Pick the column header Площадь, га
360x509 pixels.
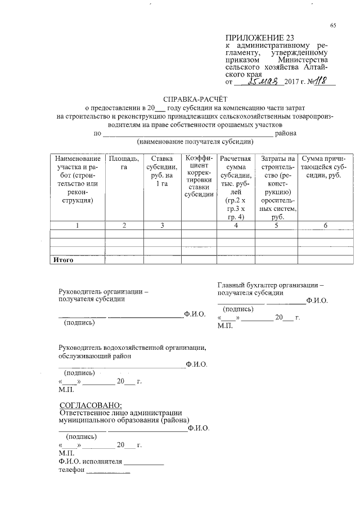click(123, 163)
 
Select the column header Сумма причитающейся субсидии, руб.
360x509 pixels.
click(326, 167)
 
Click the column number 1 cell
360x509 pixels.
click(78, 226)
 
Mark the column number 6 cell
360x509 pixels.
click(325, 226)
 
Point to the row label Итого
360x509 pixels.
click(63, 260)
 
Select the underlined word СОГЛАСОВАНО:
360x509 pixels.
click(91, 404)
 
